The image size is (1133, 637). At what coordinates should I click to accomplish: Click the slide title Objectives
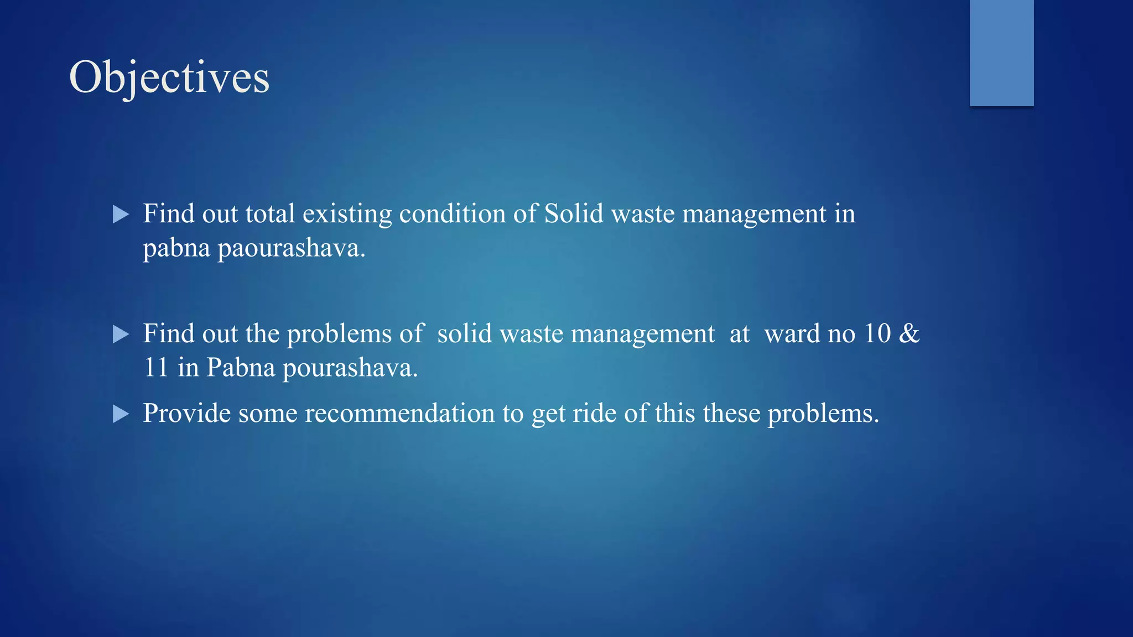point(169,78)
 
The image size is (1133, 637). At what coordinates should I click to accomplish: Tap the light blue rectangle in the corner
point(1001,53)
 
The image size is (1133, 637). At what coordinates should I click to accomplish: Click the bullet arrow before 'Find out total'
point(121,215)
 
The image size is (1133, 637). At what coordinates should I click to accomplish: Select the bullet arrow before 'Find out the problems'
point(121,334)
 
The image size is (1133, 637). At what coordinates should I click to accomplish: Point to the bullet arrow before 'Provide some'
point(121,414)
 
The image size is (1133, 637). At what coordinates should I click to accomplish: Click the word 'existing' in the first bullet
point(347,215)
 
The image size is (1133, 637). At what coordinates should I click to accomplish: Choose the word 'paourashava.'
point(292,248)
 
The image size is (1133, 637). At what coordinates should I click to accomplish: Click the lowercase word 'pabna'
point(176,248)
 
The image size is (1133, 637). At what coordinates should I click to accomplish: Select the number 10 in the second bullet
point(877,333)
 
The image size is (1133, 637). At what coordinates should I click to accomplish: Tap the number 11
point(156,368)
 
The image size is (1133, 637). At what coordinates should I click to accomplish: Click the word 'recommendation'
point(399,414)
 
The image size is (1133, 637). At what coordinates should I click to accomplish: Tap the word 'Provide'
point(187,414)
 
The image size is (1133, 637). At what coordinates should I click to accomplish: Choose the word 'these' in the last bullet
point(731,414)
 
